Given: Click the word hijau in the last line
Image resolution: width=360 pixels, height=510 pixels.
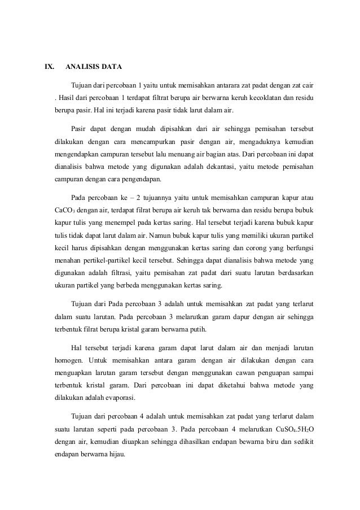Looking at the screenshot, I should tap(118, 456).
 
